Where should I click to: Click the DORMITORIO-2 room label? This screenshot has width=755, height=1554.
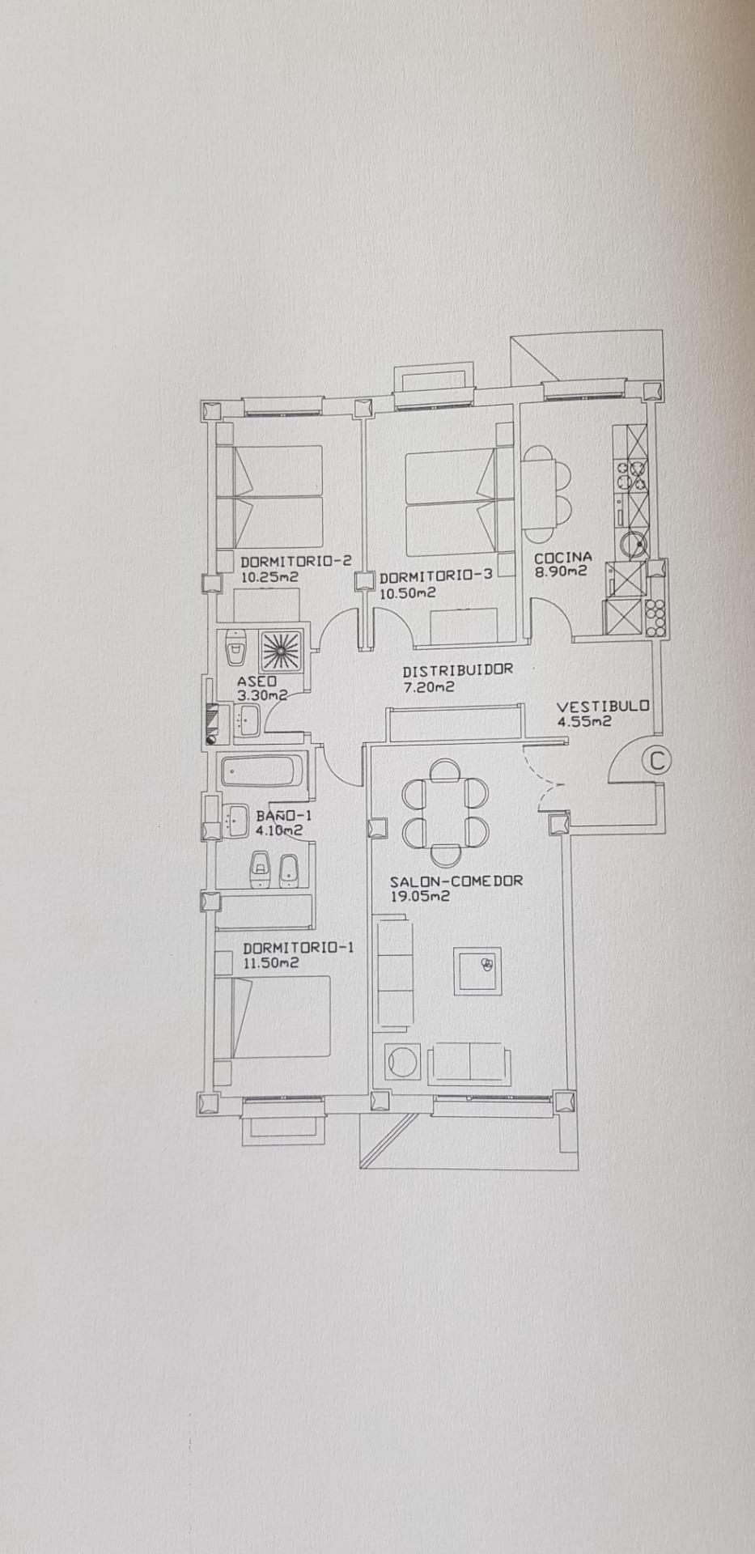[295, 561]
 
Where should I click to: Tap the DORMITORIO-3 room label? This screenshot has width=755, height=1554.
[435, 576]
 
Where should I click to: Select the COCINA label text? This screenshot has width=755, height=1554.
[562, 557]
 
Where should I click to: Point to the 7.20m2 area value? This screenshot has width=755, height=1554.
[428, 687]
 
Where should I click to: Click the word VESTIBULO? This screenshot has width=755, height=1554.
[602, 706]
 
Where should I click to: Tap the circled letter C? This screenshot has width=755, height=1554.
[656, 761]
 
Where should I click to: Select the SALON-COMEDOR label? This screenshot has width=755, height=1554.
[456, 881]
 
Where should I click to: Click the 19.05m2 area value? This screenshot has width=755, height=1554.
[420, 897]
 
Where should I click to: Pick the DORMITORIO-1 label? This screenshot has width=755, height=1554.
[298, 948]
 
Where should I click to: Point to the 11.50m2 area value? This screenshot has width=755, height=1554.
[270, 963]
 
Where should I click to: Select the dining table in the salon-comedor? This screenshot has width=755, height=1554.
[444, 812]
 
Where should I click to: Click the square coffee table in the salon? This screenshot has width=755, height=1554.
[477, 970]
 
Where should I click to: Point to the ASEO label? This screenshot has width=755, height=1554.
[257, 681]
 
